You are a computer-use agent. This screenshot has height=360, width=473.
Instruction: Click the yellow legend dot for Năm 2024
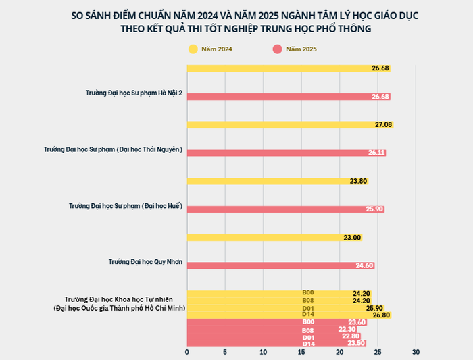(193, 49)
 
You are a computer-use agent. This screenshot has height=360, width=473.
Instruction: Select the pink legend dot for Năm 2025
(277, 49)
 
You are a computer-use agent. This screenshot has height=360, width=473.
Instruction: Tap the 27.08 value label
(383, 124)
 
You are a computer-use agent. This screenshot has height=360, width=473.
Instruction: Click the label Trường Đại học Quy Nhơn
(145, 261)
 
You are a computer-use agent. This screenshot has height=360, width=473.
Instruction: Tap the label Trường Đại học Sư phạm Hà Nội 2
(134, 92)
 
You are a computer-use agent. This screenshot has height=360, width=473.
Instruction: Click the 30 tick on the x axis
(416, 353)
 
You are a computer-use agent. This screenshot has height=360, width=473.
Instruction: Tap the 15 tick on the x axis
(302, 353)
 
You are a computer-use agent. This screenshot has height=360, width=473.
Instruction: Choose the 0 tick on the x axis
(187, 353)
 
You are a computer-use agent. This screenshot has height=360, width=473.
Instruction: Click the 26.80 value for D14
(381, 315)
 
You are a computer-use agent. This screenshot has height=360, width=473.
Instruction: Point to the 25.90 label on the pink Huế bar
(374, 209)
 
